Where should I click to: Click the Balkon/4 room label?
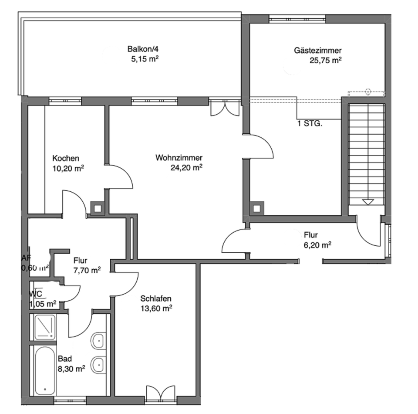click(x=140, y=49)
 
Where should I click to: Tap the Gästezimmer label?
click(x=317, y=51)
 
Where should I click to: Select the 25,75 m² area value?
click(x=325, y=61)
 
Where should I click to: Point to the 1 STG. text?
click(x=309, y=123)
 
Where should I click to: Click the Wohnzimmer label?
click(x=179, y=158)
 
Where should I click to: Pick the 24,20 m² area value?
click(x=187, y=167)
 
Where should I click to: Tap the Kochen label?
click(x=66, y=158)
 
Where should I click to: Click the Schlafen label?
click(x=156, y=299)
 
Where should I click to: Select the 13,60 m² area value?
click(x=157, y=308)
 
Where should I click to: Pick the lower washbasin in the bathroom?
click(x=98, y=363)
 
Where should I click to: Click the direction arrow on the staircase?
click(x=368, y=202)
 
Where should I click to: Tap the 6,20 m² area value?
click(x=317, y=245)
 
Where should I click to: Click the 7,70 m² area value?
click(x=87, y=270)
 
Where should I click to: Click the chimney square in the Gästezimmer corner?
click(x=258, y=208)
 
